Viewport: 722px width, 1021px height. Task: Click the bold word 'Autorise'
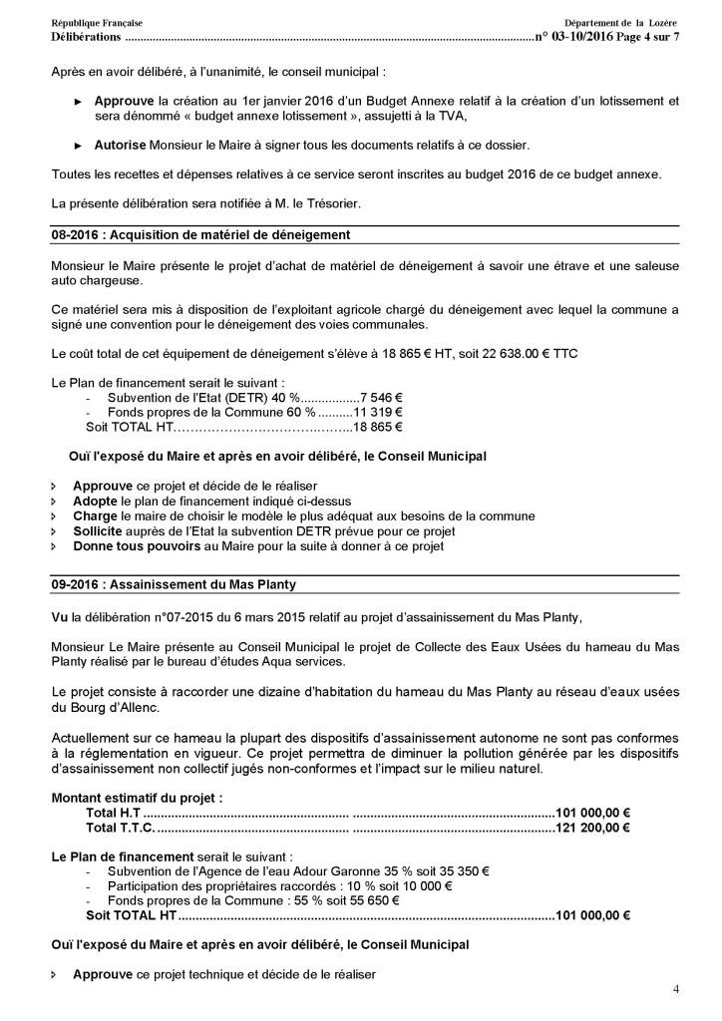[121, 145]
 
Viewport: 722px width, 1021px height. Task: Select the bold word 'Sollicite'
[99, 531]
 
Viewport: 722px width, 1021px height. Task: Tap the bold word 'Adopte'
[95, 501]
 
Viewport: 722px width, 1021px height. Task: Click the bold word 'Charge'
[95, 515]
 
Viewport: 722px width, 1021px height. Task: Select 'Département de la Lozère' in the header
[620, 22]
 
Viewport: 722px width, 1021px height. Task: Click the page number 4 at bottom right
[676, 989]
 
